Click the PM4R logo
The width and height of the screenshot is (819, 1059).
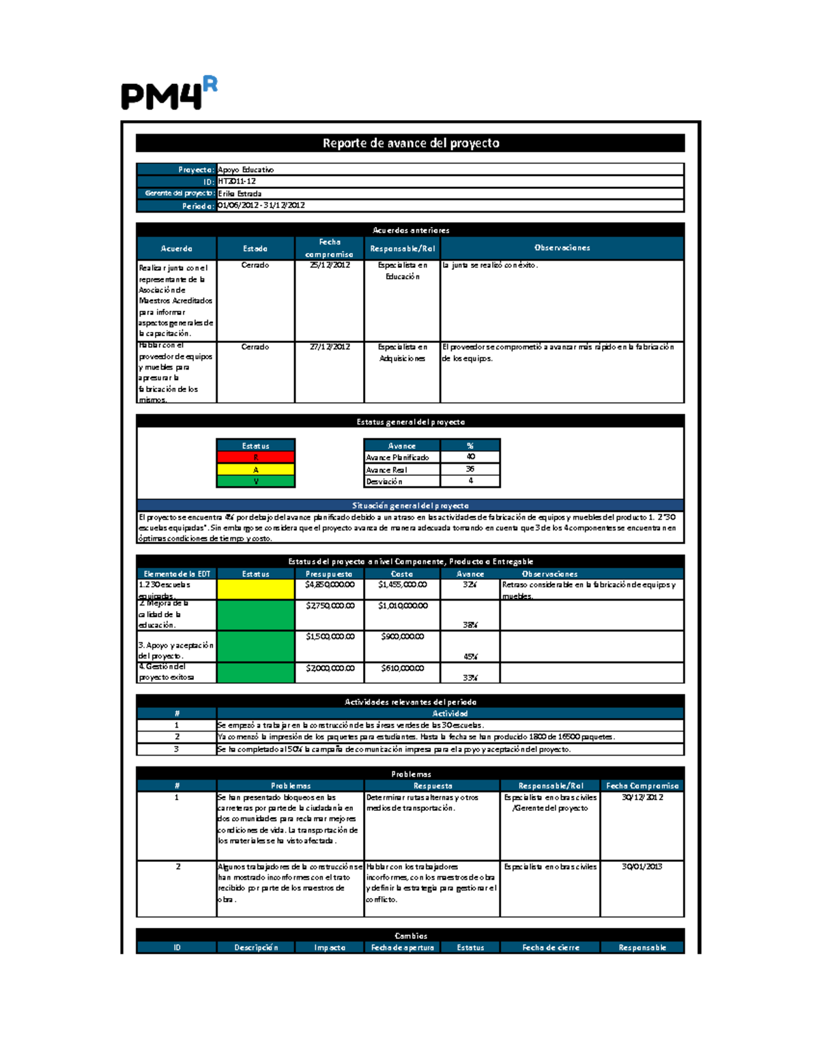tap(169, 94)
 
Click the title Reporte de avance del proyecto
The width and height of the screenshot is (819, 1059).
tap(410, 143)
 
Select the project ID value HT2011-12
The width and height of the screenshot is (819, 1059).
tap(237, 181)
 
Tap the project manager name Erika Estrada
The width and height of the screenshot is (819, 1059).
tap(240, 194)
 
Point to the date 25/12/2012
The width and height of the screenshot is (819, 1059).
tap(330, 265)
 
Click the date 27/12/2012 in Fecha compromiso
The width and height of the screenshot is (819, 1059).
tap(330, 347)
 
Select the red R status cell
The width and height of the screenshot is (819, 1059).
tap(256, 458)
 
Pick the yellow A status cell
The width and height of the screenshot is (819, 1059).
tap(256, 470)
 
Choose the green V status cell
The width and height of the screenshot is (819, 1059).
tap(256, 481)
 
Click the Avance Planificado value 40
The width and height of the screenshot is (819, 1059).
tap(470, 457)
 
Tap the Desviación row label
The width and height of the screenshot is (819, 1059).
tap(384, 481)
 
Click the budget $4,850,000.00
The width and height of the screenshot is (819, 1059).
tap(330, 585)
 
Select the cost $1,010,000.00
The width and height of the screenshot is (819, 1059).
tap(403, 606)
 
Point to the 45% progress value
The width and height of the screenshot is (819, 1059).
tap(470, 657)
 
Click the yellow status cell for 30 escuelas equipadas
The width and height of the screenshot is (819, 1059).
tap(256, 589)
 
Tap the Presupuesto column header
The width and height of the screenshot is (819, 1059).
tap(329, 574)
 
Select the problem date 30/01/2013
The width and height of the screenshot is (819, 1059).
tap(642, 867)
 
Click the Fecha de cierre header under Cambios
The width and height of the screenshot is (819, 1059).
tap(550, 947)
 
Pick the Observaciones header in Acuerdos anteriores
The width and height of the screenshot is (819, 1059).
tap(562, 248)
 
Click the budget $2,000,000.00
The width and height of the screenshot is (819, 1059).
tap(330, 668)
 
